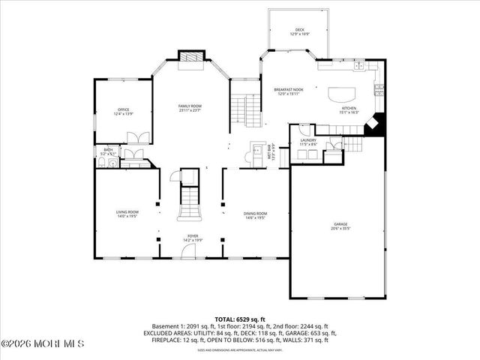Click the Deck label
[300, 32]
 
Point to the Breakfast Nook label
[289, 91]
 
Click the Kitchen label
[350, 110]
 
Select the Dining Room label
[256, 215]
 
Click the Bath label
[108, 152]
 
